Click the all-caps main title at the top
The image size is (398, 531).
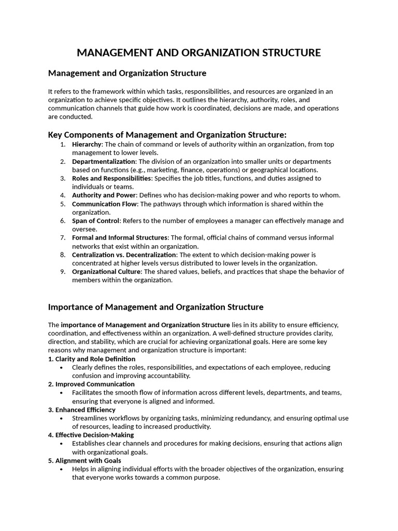pos(199,52)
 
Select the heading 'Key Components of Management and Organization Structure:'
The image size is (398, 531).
pos(167,135)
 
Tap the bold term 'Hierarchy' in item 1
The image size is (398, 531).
pos(87,144)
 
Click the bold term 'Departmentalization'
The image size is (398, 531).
pos(103,161)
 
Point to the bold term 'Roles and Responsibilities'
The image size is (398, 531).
pos(111,178)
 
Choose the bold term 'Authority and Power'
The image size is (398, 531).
pos(104,195)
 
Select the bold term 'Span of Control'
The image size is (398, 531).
pos(96,221)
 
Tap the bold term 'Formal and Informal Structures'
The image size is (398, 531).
pos(120,237)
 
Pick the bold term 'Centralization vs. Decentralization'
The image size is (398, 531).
pos(124,255)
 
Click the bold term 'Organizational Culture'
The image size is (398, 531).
pos(106,272)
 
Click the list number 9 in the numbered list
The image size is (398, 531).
pos(62,272)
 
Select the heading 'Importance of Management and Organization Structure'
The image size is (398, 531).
pos(155,307)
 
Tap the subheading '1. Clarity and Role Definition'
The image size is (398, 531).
pos(92,359)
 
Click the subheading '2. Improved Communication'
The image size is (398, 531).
pos(91,384)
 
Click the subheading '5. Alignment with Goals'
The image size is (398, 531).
pos(84,460)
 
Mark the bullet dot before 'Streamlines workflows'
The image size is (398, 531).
pos(62,418)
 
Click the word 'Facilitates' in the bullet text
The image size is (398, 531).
pos(88,393)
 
